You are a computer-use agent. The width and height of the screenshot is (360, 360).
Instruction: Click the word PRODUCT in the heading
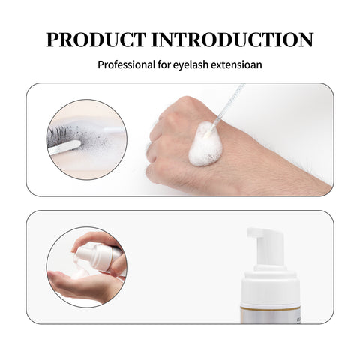(96, 40)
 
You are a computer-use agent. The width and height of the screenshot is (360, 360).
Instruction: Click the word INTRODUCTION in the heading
(232, 40)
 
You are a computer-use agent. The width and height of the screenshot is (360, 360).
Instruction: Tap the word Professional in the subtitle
(127, 64)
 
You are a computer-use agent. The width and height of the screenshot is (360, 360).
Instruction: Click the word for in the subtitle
(164, 64)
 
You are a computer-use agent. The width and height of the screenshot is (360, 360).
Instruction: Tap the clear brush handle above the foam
(227, 104)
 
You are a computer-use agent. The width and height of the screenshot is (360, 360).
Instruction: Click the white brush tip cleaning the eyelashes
(64, 147)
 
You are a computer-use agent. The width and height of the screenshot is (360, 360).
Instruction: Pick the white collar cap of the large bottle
(270, 287)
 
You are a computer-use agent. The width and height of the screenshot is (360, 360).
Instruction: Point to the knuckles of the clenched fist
(155, 148)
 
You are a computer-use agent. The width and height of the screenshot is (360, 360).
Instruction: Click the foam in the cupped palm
(79, 273)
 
